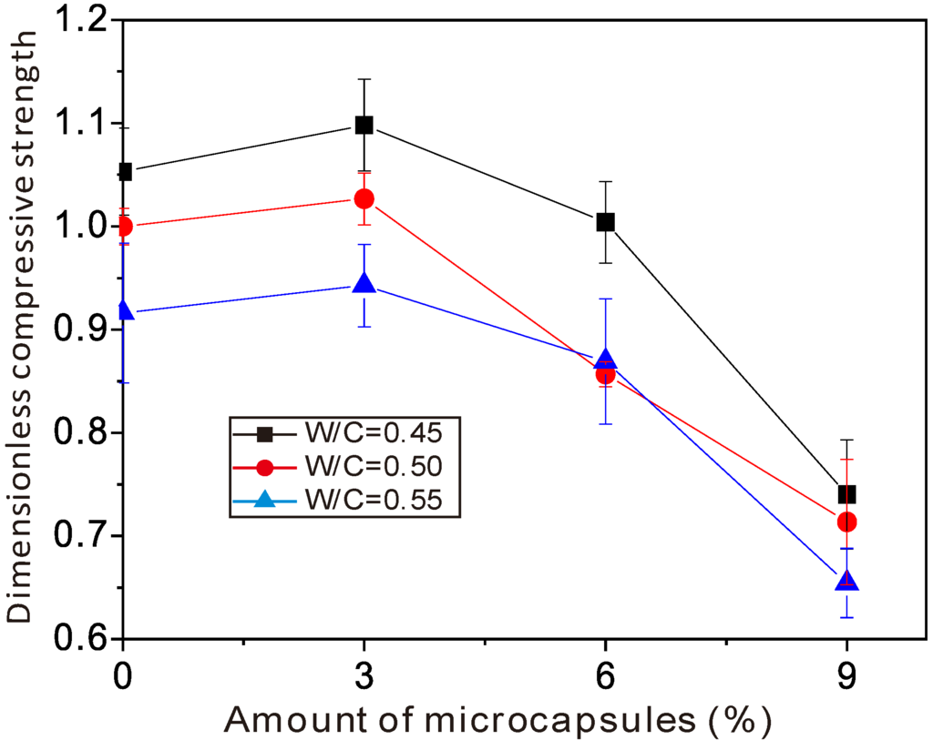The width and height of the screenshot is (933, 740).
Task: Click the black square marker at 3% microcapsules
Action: click(364, 125)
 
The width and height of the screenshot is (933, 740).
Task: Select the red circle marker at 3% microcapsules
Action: click(364, 198)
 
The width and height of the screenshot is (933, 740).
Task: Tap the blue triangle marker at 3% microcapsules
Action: click(364, 284)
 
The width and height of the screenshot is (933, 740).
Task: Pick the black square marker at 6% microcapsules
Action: click(605, 222)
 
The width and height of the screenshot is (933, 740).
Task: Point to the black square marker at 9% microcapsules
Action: click(846, 494)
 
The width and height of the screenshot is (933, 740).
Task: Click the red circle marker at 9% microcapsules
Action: click(846, 522)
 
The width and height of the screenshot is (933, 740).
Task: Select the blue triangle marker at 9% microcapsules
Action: click(846, 581)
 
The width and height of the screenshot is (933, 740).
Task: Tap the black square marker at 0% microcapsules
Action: click(125, 171)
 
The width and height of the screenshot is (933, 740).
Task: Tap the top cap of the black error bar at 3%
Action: click(364, 79)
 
